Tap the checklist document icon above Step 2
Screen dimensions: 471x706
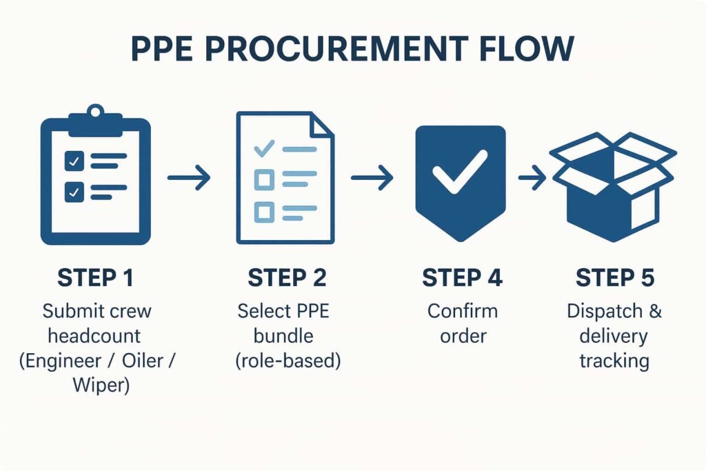point(285,177)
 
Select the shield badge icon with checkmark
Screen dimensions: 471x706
point(460,179)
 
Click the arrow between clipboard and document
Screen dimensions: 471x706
point(189,179)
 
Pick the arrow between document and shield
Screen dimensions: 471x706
point(372,179)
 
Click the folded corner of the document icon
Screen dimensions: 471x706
point(322,125)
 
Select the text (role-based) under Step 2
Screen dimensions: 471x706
point(288,361)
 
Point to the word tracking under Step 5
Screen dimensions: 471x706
point(614,361)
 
